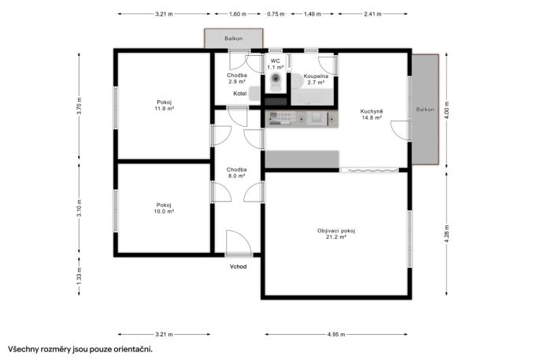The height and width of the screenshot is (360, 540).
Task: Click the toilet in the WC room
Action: pos(276,82)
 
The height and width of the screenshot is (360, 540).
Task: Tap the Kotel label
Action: pos(240,94)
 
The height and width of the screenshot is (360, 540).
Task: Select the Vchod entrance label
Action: pos(239,266)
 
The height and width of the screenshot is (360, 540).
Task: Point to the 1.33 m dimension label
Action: pos(80,276)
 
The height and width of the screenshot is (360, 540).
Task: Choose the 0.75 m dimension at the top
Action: pos(276,14)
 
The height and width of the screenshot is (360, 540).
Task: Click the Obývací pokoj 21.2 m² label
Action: pos(336,234)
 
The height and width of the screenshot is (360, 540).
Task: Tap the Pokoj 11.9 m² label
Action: pos(165,106)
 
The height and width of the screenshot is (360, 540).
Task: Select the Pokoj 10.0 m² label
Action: pos(164,208)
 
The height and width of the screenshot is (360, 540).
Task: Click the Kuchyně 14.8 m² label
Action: pos(372,114)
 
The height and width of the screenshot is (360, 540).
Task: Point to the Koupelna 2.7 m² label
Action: pos(316,80)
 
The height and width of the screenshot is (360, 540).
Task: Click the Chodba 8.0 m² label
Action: pos(237,173)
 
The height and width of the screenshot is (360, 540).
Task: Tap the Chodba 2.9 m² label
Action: pos(237,78)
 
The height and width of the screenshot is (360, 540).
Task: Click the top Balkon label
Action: pos(234,39)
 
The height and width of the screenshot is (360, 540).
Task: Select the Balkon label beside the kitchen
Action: pos(425,109)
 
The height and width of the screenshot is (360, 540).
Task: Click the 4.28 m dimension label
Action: pos(447,234)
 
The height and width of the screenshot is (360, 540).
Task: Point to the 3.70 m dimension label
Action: pos(80,106)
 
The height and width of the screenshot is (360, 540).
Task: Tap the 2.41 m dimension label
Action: pos(372,14)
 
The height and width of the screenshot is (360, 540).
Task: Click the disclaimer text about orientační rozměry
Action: pos(80,349)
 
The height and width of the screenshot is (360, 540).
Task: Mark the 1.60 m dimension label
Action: pos(238,14)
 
